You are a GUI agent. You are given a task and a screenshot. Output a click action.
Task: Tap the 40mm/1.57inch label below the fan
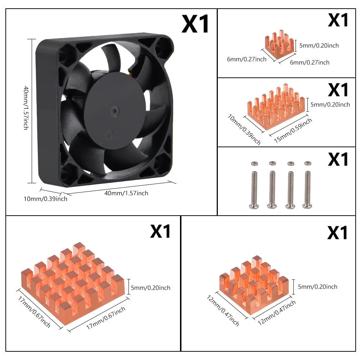click(126, 193)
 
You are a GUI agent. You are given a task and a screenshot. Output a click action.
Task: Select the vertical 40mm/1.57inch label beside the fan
click(26, 108)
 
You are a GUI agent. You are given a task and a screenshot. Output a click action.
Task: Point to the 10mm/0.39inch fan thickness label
click(45, 199)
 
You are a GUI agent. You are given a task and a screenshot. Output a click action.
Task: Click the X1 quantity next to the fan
click(195, 24)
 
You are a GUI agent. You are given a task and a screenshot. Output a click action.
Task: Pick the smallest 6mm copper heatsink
click(279, 45)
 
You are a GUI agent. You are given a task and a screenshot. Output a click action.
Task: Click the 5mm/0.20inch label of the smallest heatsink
click(319, 45)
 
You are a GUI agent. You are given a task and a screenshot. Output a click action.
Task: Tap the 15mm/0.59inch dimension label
click(293, 130)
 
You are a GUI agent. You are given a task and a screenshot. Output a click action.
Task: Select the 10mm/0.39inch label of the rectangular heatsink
click(244, 130)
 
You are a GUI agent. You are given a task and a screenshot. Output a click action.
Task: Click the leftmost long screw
click(254, 190)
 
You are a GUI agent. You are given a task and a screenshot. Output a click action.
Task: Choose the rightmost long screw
click(307, 190)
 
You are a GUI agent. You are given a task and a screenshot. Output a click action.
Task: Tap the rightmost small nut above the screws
click(308, 163)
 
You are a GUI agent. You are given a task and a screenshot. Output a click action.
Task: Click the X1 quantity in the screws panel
click(338, 159)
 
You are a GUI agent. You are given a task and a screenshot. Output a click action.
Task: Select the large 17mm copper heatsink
click(73, 283)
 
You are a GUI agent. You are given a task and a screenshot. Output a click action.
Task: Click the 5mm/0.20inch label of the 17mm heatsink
click(150, 288)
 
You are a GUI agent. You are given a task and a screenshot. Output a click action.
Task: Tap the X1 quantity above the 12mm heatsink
click(337, 233)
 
